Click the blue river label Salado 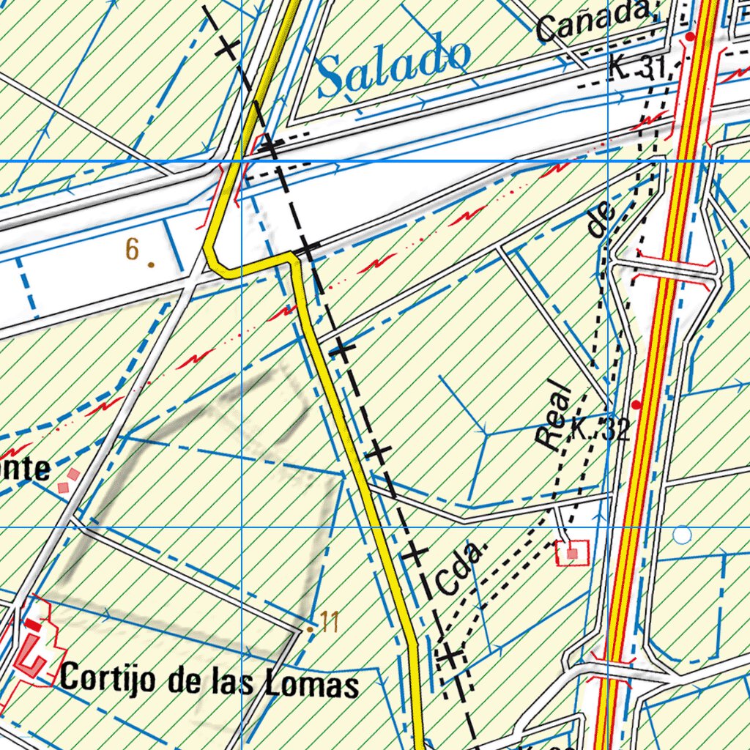[394, 65]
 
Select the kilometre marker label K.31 [636, 69]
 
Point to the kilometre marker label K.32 [599, 430]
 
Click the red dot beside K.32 [636, 404]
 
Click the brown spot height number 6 [132, 249]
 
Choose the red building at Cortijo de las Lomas [31, 652]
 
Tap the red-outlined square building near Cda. [572, 552]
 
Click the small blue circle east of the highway [682, 535]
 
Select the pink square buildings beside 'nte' [67, 480]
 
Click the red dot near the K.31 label [690, 35]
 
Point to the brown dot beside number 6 [151, 264]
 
